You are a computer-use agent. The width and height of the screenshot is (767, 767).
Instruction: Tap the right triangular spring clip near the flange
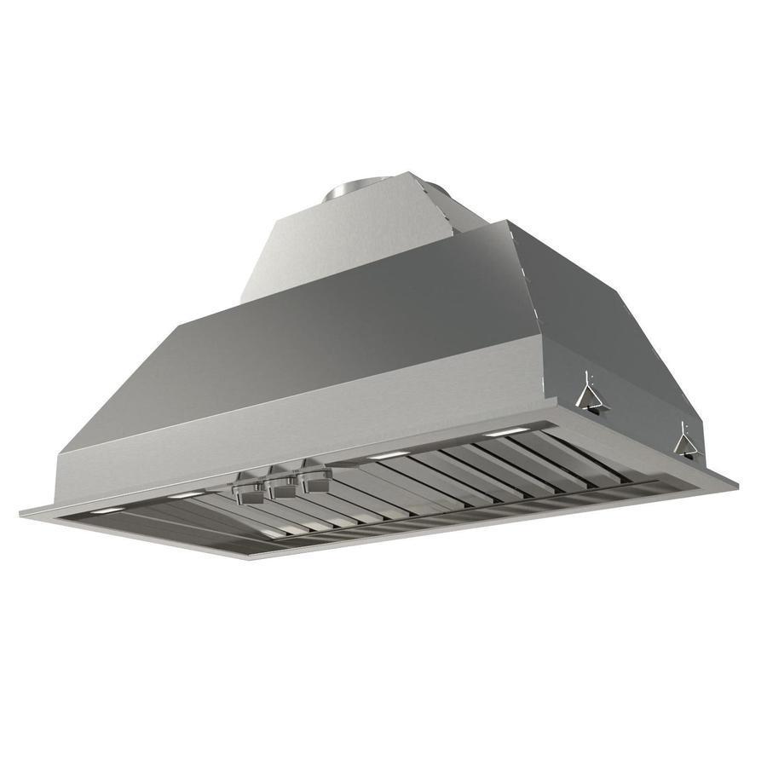click(685, 441)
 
